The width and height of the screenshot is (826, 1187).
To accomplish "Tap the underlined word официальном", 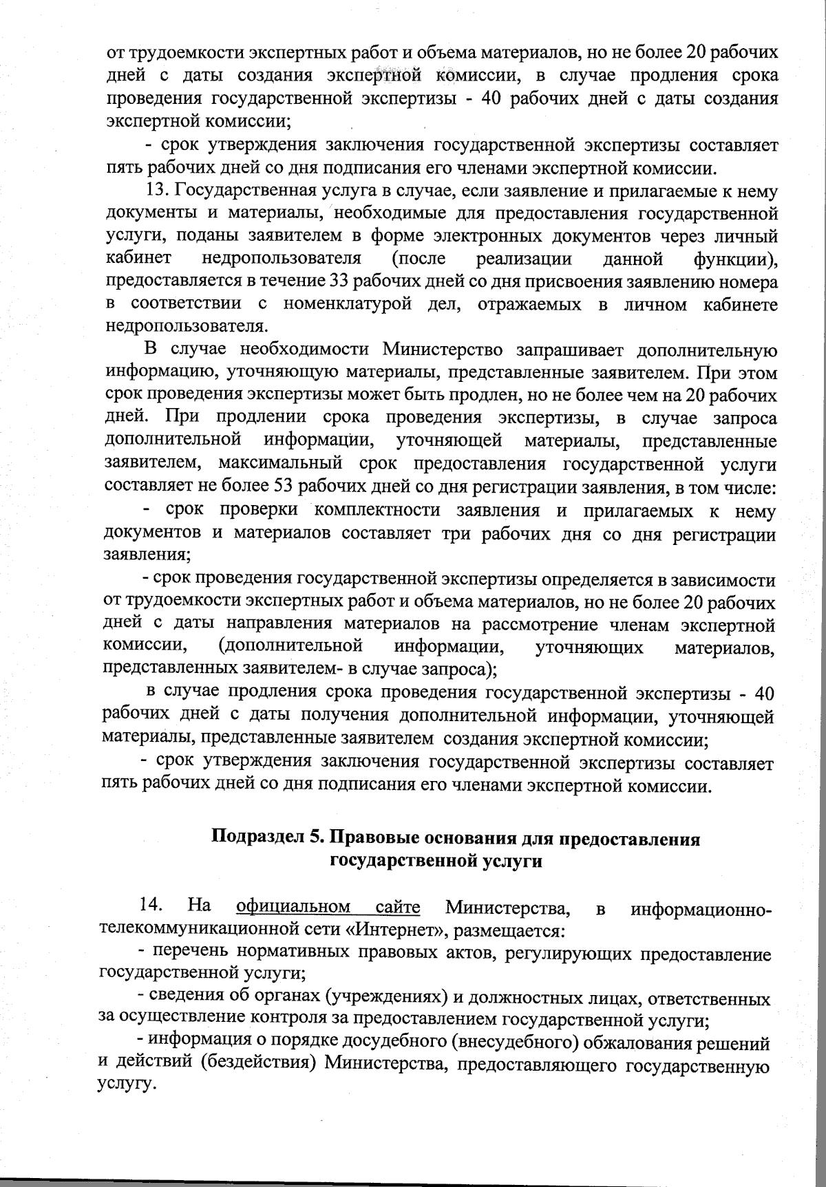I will click(293, 906).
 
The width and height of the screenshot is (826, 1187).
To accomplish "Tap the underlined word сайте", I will click(399, 906).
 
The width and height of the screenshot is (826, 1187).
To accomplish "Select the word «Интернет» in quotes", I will click(383, 930).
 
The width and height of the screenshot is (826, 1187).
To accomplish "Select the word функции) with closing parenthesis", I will click(736, 259).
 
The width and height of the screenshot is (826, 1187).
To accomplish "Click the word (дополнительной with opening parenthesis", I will click(290, 647).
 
